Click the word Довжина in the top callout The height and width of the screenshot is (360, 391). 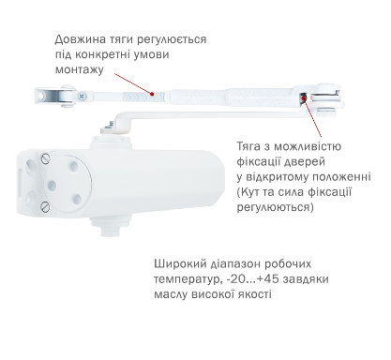76,39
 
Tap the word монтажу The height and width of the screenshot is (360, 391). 80,69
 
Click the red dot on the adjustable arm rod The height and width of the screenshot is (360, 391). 152,93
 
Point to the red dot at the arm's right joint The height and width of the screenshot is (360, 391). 303,97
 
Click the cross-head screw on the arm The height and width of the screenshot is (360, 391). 82,97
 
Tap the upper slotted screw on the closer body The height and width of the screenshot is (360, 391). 46,158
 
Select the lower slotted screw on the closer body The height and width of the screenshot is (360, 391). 45,206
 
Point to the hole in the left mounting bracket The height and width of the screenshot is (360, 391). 40,96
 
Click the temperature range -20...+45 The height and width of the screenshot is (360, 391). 251,279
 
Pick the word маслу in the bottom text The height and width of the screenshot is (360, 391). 171,294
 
